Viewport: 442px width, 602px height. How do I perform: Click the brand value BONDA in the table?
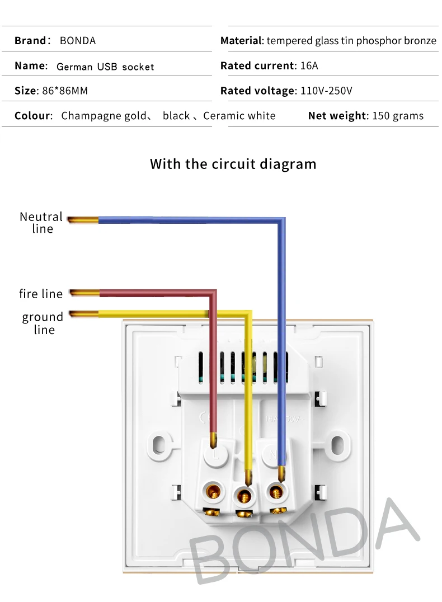[x=77, y=41]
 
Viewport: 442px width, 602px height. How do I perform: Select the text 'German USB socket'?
[x=105, y=67]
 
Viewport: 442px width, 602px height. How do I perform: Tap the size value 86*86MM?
[x=65, y=91]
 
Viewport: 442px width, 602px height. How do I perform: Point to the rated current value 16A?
[x=309, y=66]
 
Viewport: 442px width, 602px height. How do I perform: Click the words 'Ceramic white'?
[x=239, y=116]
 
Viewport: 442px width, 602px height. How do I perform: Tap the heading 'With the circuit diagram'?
[x=233, y=164]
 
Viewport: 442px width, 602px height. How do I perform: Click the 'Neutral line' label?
[x=41, y=222]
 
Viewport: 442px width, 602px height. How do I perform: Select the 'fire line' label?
[x=41, y=294]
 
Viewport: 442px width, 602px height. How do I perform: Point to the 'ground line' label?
[x=43, y=323]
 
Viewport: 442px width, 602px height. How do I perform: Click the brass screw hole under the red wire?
[x=213, y=493]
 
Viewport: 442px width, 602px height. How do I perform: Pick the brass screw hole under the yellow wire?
[x=243, y=495]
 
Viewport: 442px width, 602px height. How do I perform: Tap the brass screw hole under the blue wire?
[x=275, y=493]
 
